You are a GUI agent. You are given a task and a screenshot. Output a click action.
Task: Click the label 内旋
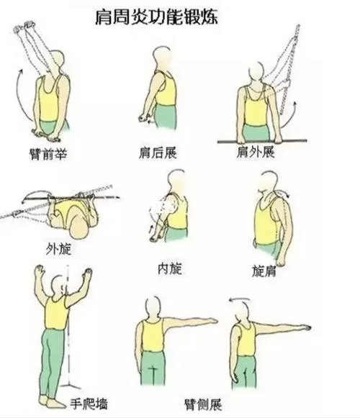pyautogui.click(x=170, y=268)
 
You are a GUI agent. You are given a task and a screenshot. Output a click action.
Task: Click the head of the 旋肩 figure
pyautogui.click(x=268, y=184)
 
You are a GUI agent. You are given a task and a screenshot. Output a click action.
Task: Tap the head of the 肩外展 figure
pyautogui.click(x=256, y=72)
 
